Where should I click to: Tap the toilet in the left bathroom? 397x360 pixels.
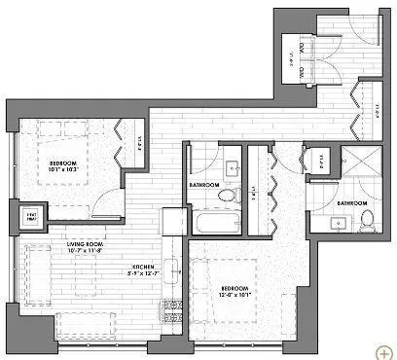tap(228, 196)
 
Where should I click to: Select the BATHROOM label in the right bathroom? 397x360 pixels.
tap(351, 202)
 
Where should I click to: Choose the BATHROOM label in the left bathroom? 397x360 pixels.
tap(203, 183)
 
